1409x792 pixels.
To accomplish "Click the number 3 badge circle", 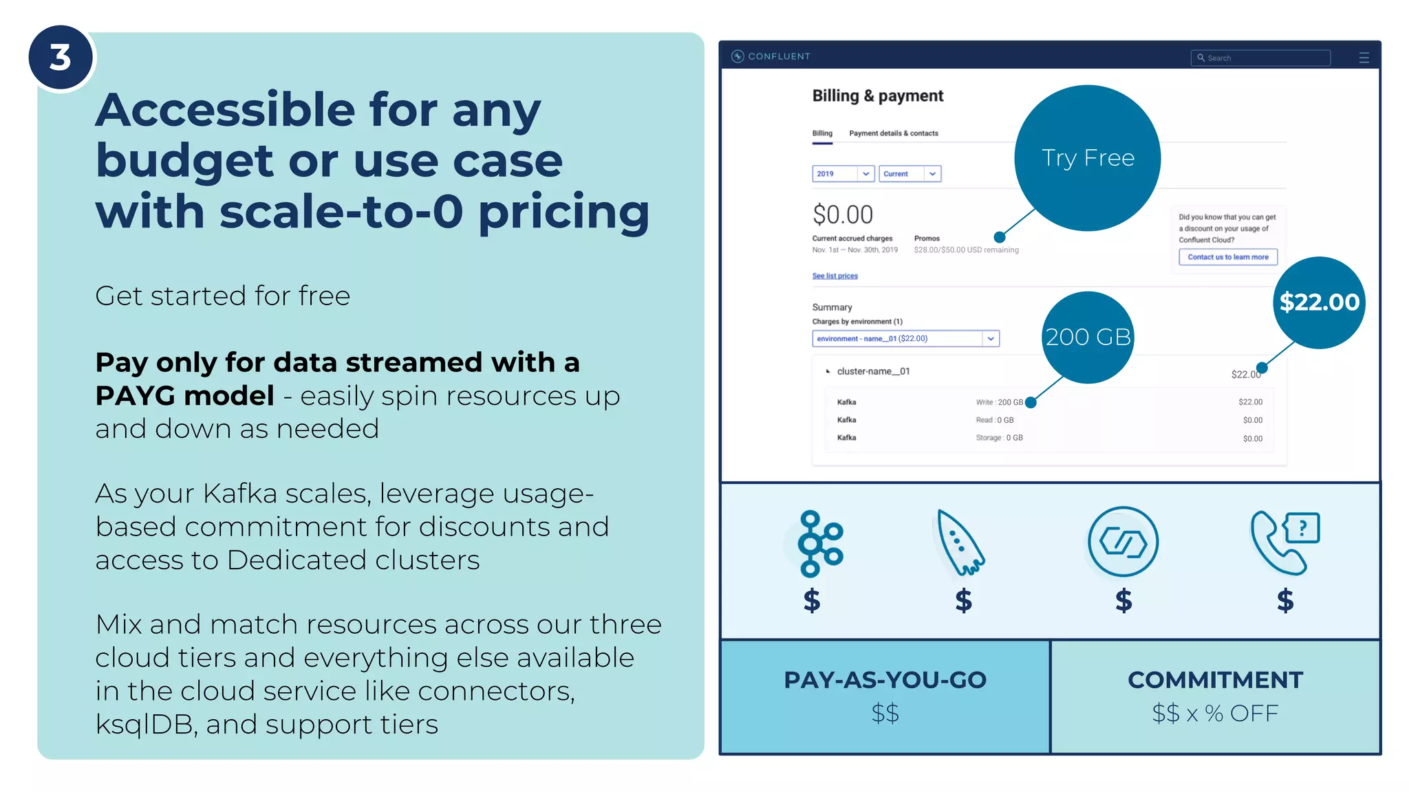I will pyautogui.click(x=61, y=58).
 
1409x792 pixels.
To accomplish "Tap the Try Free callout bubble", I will pyautogui.click(x=1087, y=158).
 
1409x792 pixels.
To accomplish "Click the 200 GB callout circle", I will pyautogui.click(x=1088, y=337).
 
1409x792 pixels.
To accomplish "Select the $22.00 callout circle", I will pyautogui.click(x=1319, y=302).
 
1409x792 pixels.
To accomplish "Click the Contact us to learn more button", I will pyautogui.click(x=1227, y=257).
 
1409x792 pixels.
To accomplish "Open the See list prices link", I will pyautogui.click(x=835, y=276).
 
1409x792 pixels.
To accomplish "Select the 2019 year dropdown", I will pyautogui.click(x=842, y=174).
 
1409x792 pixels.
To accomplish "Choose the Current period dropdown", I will pyautogui.click(x=910, y=174).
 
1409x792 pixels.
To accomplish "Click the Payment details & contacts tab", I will pyautogui.click(x=893, y=133).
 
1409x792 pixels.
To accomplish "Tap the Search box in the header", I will pyautogui.click(x=1260, y=58).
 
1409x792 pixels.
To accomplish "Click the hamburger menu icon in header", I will pyautogui.click(x=1364, y=58).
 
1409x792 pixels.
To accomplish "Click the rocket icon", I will pyautogui.click(x=960, y=543).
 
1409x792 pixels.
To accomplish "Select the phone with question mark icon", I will pyautogui.click(x=1284, y=542).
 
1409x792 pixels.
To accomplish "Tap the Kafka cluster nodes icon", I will pyautogui.click(x=817, y=543).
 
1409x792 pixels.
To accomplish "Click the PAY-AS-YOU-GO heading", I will pyautogui.click(x=885, y=680).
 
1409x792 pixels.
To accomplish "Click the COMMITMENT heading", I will pyautogui.click(x=1215, y=680).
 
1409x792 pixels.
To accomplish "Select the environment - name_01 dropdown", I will pyautogui.click(x=905, y=338).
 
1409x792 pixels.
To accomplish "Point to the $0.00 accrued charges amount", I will pyautogui.click(x=842, y=214).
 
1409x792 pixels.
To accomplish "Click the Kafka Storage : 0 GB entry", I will pyautogui.click(x=999, y=438).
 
